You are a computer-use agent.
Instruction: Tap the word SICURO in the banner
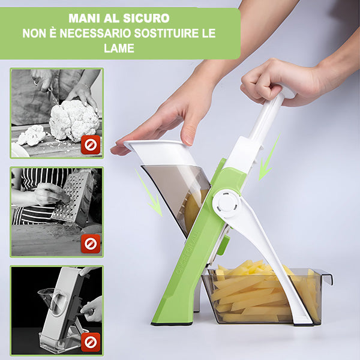(x=146, y=19)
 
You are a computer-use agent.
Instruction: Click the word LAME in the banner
(x=119, y=48)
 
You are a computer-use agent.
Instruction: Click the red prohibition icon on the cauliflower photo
(x=91, y=145)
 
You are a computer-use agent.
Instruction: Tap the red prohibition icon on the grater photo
(x=91, y=244)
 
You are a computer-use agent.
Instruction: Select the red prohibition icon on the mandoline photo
(x=91, y=343)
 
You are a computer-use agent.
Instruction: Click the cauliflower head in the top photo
(x=74, y=121)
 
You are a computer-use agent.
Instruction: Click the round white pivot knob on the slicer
(x=226, y=203)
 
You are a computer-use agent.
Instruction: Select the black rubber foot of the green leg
(x=172, y=323)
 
